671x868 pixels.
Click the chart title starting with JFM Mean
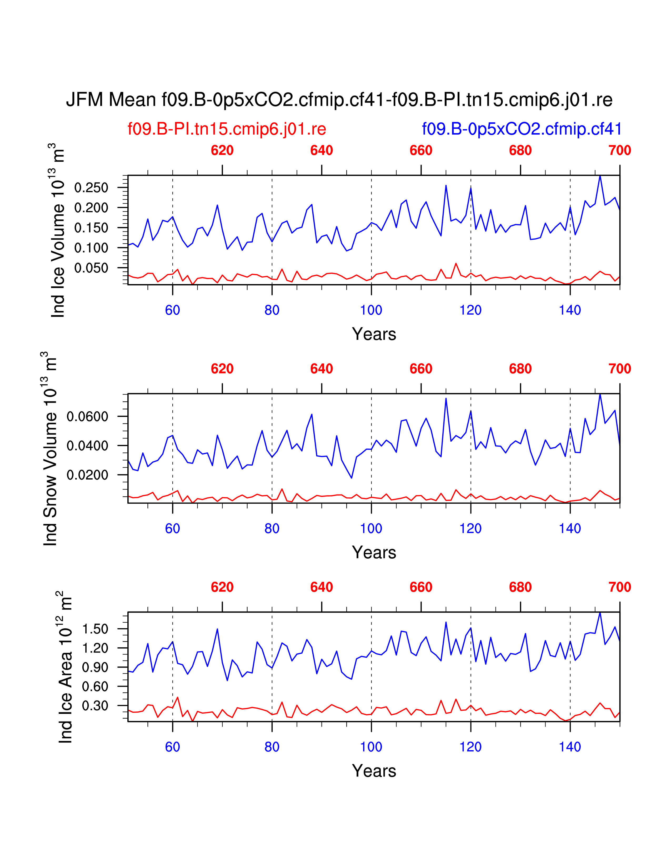coord(339,99)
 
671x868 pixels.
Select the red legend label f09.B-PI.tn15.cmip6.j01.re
coord(227,129)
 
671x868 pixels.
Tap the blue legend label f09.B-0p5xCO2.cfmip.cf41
coord(522,129)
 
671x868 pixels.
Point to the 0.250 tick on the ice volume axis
coord(91,188)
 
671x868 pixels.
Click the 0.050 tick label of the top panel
coord(91,268)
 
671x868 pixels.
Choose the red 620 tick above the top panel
coord(222,151)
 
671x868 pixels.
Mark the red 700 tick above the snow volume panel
coord(619,369)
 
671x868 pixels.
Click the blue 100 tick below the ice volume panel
coord(371,310)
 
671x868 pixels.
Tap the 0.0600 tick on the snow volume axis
coord(87,417)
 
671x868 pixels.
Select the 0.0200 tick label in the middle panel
coord(87,475)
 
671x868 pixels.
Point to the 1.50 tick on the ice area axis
coord(95,629)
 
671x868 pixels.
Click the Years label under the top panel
coord(374,334)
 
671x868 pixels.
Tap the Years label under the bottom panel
coord(374,771)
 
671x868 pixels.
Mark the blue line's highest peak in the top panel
coord(600,176)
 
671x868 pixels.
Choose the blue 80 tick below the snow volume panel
coord(272,529)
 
